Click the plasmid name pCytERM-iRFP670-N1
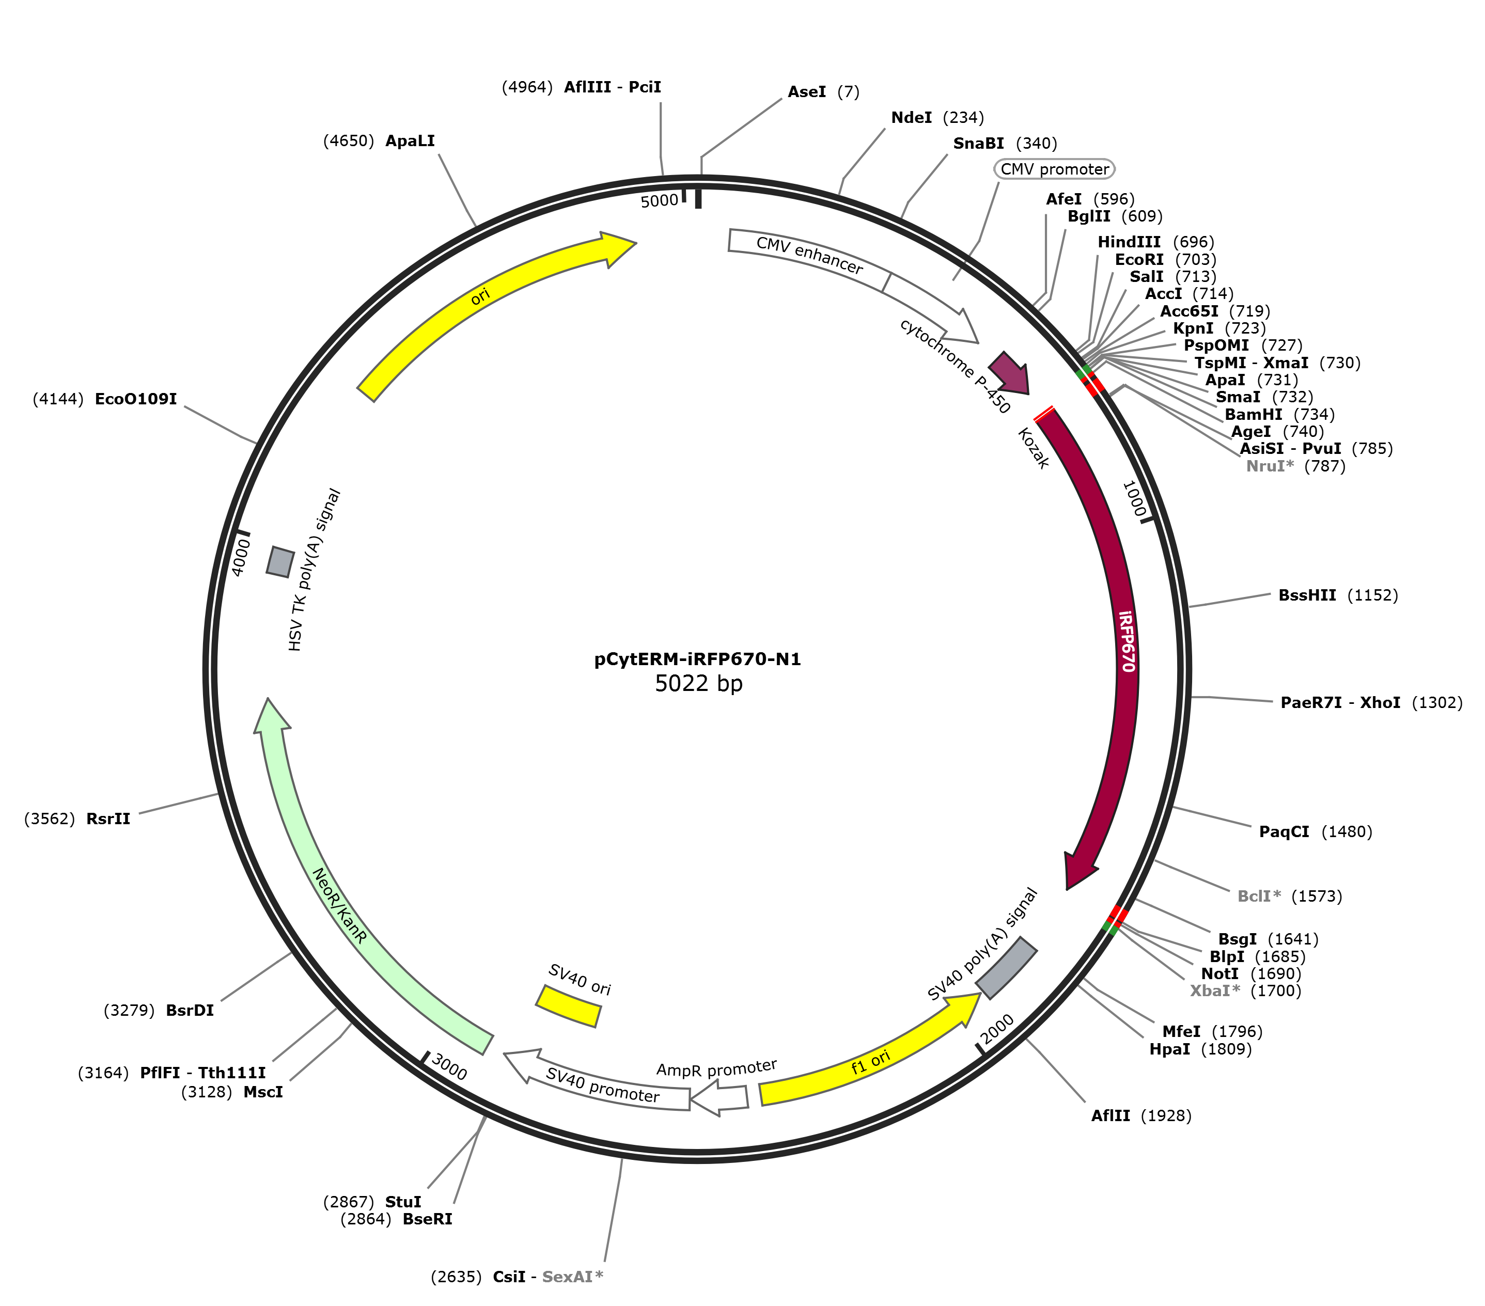pyautogui.click(x=697, y=659)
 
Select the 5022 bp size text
pyautogui.click(x=698, y=684)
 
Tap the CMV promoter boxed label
pyautogui.click(x=1054, y=169)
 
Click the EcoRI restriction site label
pyautogui.click(x=1139, y=259)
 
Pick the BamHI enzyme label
pyautogui.click(x=1253, y=414)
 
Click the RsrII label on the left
pyautogui.click(x=108, y=819)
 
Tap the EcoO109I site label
pyautogui.click(x=136, y=399)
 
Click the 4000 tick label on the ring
pyautogui.click(x=241, y=557)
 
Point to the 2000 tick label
pyautogui.click(x=997, y=1029)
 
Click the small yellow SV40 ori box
pyautogui.click(x=568, y=1006)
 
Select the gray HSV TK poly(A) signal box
pyautogui.click(x=280, y=561)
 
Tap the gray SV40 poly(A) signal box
pyautogui.click(x=1006, y=968)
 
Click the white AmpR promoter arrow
pyautogui.click(x=718, y=1097)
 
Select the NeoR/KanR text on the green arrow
pyautogui.click(x=339, y=905)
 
